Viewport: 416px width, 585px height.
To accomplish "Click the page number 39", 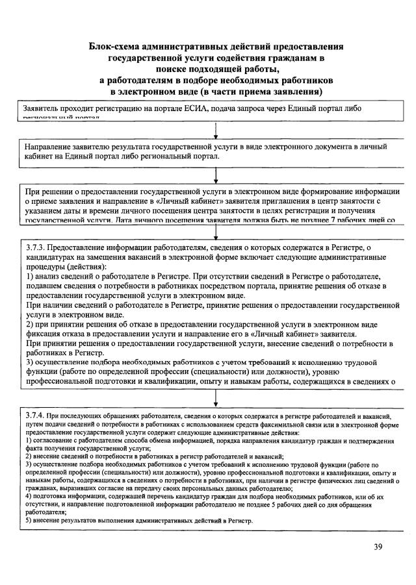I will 378,546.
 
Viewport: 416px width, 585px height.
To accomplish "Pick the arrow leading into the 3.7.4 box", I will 215,397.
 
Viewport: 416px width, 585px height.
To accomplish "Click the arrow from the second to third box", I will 215,174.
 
